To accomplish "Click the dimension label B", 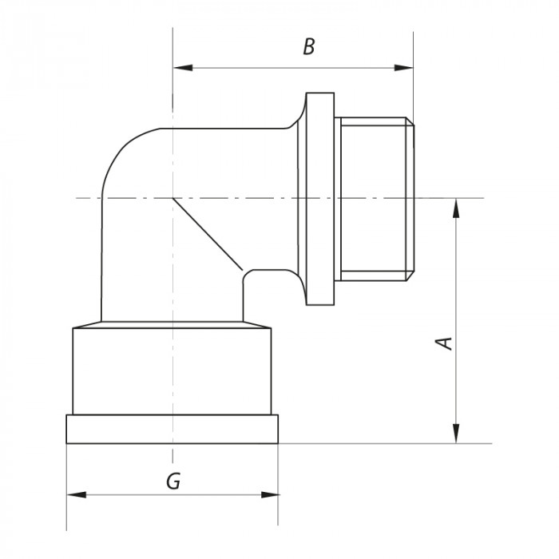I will (x=309, y=47).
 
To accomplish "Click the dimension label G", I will (x=172, y=482).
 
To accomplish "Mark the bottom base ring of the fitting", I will (x=172, y=429).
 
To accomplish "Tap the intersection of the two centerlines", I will (x=172, y=197).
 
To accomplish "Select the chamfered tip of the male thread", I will (x=411, y=200).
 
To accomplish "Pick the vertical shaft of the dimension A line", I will (x=456, y=319).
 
